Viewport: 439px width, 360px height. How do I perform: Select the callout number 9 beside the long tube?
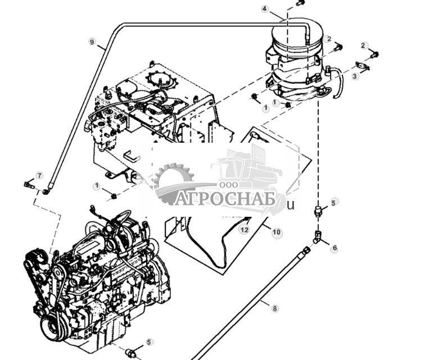point(93,42)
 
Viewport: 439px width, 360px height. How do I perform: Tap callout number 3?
point(355,76)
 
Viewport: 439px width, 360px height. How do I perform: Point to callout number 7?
point(39,175)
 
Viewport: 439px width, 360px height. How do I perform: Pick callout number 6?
point(334,248)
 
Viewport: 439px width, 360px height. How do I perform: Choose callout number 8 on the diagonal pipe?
point(275,308)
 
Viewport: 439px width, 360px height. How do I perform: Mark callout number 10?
point(277,232)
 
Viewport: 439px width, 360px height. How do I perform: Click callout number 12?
point(244,230)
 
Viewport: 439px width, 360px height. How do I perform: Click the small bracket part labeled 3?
point(363,67)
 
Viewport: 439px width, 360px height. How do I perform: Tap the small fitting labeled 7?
point(29,184)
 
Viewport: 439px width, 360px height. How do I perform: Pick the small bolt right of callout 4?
point(300,3)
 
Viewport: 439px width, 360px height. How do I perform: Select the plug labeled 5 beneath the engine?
point(130,352)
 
